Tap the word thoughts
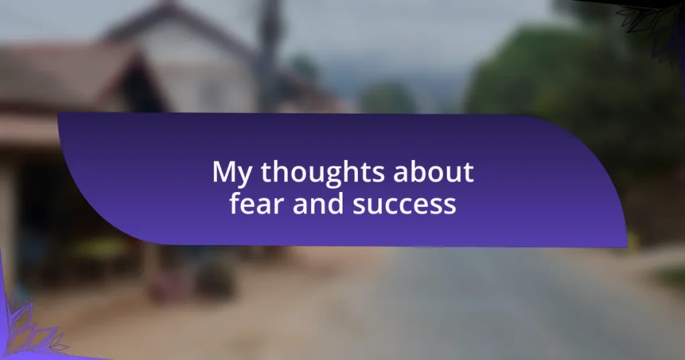click(x=322, y=172)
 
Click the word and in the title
click(x=318, y=203)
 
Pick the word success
click(x=404, y=205)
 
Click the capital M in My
click(x=223, y=171)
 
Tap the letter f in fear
click(x=235, y=203)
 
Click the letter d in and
click(x=336, y=203)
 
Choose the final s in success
click(x=450, y=205)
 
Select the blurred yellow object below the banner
click(x=100, y=249)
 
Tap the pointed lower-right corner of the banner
click(x=626, y=247)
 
